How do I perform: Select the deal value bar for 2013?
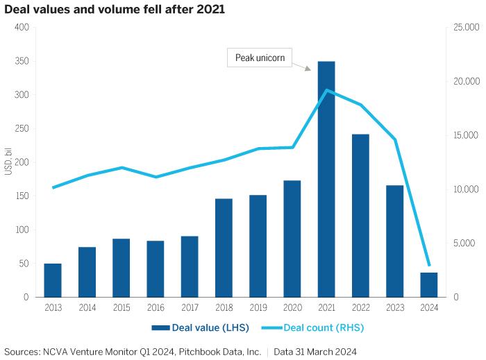point(53,280)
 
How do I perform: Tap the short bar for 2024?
point(429,284)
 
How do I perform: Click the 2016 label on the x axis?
point(156,307)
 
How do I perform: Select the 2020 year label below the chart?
point(292,307)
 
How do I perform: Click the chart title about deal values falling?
point(115,10)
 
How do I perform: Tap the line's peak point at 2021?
point(326,90)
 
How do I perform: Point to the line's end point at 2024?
point(429,266)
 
